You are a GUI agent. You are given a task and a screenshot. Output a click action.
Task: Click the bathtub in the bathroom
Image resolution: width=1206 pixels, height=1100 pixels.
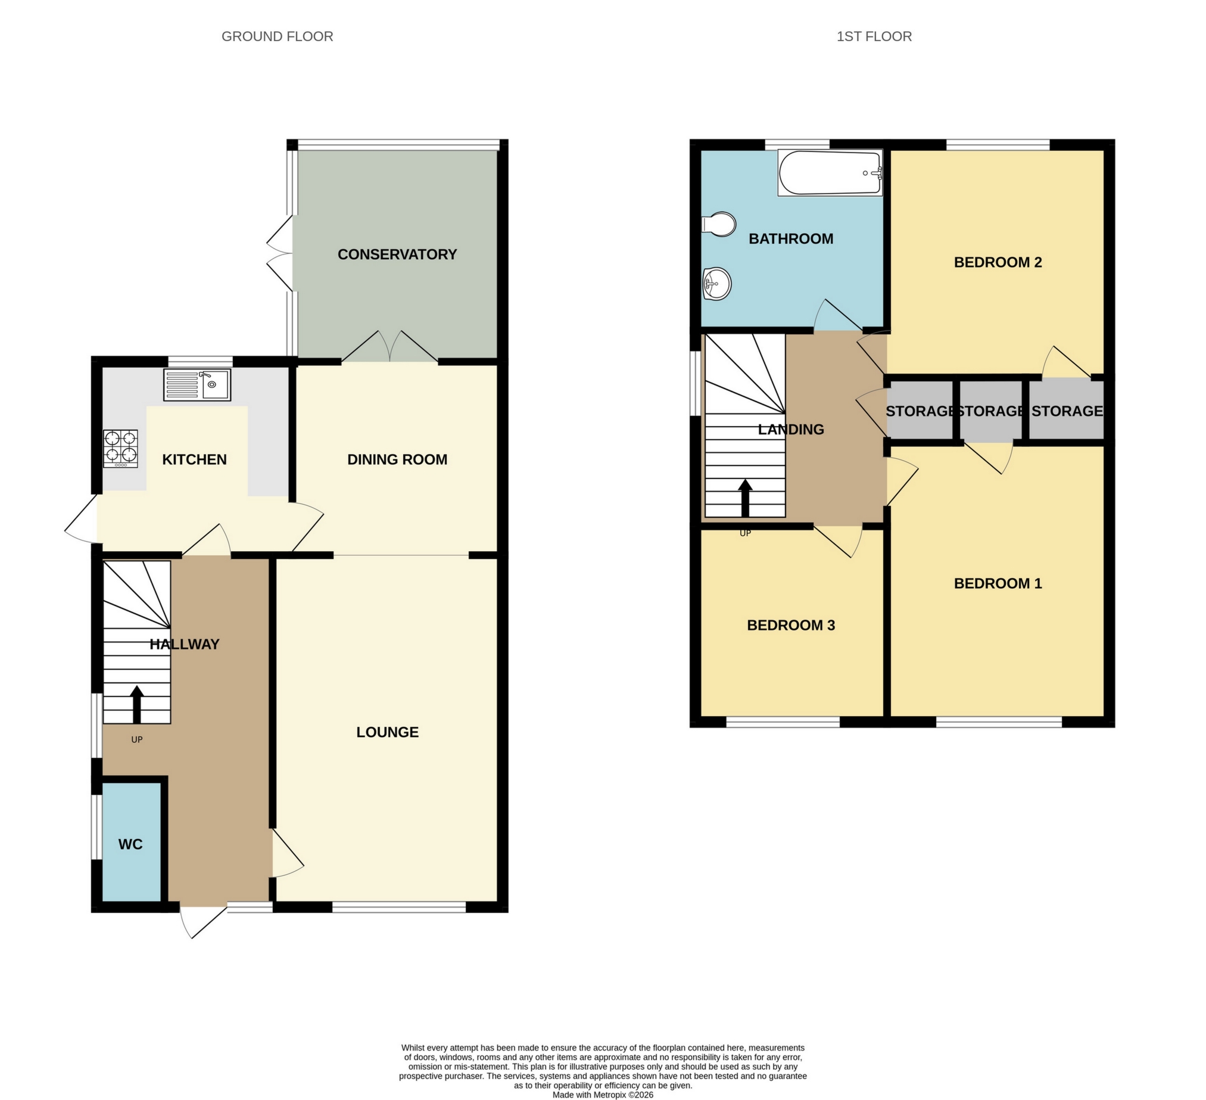pyautogui.click(x=830, y=173)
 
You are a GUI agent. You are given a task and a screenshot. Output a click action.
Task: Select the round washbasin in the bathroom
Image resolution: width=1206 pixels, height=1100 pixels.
pyautogui.click(x=716, y=283)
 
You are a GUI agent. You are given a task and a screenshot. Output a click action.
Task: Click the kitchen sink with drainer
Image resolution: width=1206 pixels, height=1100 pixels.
pyautogui.click(x=197, y=385)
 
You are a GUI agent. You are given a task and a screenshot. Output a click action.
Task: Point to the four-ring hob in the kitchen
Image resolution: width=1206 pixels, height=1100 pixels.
pyautogui.click(x=120, y=449)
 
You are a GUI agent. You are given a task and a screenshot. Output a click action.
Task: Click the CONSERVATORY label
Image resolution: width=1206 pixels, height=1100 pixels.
pyautogui.click(x=397, y=254)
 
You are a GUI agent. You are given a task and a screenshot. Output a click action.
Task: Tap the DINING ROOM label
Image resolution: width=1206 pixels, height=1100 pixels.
pyautogui.click(x=397, y=459)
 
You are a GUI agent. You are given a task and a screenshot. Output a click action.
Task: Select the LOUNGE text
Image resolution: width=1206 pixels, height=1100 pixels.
pyautogui.click(x=388, y=732)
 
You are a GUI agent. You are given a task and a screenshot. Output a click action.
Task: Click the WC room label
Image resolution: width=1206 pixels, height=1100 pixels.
pyautogui.click(x=130, y=844)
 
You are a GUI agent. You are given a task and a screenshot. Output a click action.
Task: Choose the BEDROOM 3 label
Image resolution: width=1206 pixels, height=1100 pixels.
pyautogui.click(x=791, y=626)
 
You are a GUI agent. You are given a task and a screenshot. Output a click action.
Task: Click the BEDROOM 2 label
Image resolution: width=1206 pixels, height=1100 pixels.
pyautogui.click(x=998, y=262)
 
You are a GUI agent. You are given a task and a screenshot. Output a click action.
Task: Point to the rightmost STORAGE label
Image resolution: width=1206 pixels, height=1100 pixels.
pyautogui.click(x=1067, y=411)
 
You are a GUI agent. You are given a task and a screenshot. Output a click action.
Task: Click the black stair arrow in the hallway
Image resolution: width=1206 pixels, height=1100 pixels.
pyautogui.click(x=137, y=704)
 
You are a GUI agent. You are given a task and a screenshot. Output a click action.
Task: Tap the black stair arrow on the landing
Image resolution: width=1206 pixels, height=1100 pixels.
pyautogui.click(x=746, y=498)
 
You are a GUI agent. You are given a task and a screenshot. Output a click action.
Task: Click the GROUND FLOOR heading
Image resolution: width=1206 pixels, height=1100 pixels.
pyautogui.click(x=277, y=36)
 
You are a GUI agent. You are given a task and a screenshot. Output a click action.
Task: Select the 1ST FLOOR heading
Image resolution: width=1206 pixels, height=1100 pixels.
pyautogui.click(x=874, y=36)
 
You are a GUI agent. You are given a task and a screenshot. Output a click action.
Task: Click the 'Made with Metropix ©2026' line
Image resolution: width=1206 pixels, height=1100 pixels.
pyautogui.click(x=602, y=1095)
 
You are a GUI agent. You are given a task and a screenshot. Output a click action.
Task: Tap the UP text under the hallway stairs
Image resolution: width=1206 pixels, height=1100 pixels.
pyautogui.click(x=137, y=739)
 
